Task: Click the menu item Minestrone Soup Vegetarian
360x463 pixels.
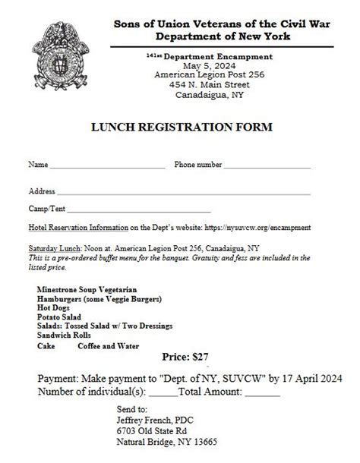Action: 87,290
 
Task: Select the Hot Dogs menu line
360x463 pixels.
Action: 54,308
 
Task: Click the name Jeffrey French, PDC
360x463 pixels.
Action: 144,417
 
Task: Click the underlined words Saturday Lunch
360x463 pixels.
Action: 53,247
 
